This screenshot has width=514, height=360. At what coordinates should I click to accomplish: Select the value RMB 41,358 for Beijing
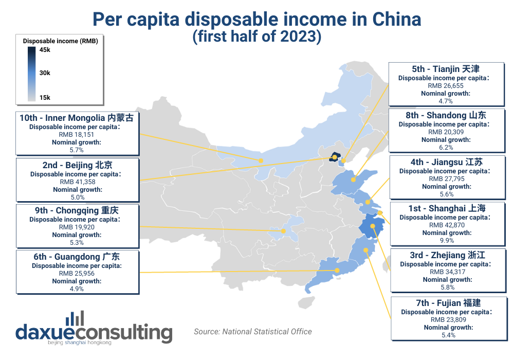coord(78,182)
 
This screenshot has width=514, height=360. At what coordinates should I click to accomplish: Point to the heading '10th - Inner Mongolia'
coord(77,118)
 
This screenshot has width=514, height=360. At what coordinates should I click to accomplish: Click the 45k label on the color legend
coord(45,49)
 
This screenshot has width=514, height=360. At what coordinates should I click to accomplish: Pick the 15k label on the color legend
coord(45,97)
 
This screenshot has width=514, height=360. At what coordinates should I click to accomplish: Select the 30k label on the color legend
coord(45,73)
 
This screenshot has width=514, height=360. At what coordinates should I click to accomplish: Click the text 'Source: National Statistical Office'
coord(253,332)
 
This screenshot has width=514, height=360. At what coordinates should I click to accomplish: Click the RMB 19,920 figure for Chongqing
coord(78,227)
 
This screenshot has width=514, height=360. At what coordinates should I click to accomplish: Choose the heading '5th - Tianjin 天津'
coord(445,68)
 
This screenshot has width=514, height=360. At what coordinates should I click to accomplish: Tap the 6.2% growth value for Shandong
coord(445,147)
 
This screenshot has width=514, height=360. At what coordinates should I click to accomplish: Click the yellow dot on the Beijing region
coord(335,156)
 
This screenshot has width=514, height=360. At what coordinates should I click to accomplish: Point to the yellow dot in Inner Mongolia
coord(261,161)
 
